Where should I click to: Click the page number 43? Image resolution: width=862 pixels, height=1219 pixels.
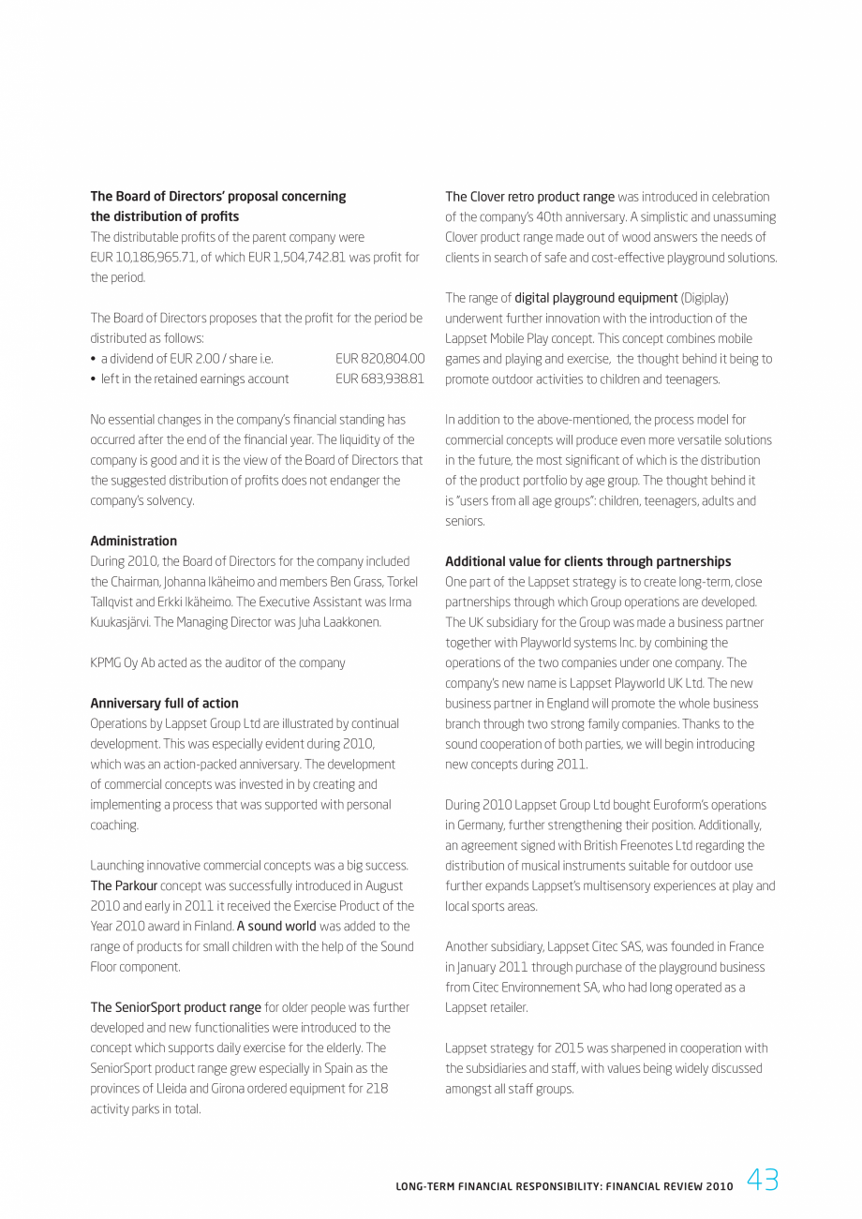pyautogui.click(x=762, y=1181)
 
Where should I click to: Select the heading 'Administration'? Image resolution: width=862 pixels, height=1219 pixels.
pyautogui.click(x=133, y=541)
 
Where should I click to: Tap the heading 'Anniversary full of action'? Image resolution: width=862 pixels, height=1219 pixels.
pyautogui.click(x=164, y=703)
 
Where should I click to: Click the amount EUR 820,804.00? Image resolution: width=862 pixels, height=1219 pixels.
pyautogui.click(x=379, y=359)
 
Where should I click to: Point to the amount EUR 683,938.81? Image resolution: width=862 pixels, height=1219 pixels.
pyautogui.click(x=379, y=379)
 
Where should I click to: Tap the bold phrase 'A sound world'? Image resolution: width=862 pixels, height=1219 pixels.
pyautogui.click(x=276, y=926)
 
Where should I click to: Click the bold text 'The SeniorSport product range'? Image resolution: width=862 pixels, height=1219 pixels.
pyautogui.click(x=175, y=1007)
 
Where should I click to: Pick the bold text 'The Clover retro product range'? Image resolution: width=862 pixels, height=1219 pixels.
pyautogui.click(x=529, y=197)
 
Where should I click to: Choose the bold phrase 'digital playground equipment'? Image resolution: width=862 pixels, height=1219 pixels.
pyautogui.click(x=596, y=298)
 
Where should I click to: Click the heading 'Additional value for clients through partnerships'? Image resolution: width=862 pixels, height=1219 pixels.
pyautogui.click(x=587, y=561)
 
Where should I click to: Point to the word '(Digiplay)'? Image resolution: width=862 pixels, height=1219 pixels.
pyautogui.click(x=705, y=298)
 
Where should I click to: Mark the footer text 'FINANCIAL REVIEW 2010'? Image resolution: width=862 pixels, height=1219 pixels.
pyautogui.click(x=671, y=1186)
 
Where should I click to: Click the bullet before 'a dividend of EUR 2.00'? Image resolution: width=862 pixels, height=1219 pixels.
pyautogui.click(x=94, y=359)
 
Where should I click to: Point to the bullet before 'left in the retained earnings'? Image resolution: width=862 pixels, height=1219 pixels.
pyautogui.click(x=94, y=379)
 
